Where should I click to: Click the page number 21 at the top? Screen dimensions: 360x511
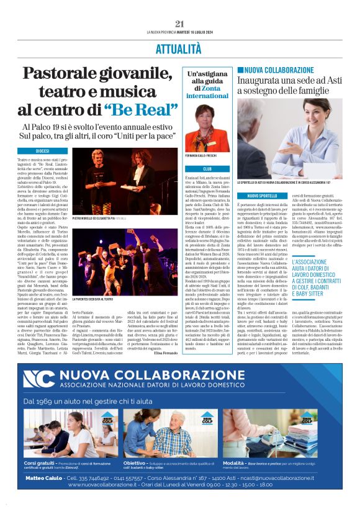coord(180,24)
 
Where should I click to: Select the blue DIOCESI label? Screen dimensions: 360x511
coord(42,151)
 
